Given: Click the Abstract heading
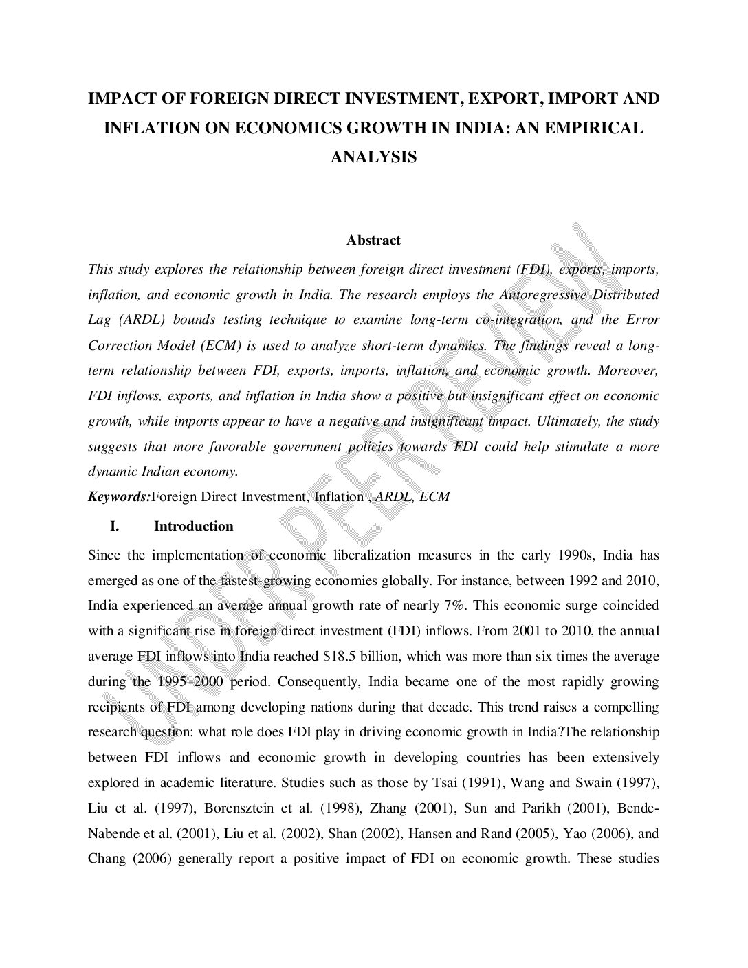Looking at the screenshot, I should click(373, 241).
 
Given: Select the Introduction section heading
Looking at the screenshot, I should click(193, 527).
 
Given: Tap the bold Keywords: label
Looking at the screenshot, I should click(119, 497).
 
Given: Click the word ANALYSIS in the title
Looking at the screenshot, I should click(373, 157).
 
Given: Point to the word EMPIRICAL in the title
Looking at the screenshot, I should click(599, 128).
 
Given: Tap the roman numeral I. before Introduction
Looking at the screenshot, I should click(115, 527).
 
